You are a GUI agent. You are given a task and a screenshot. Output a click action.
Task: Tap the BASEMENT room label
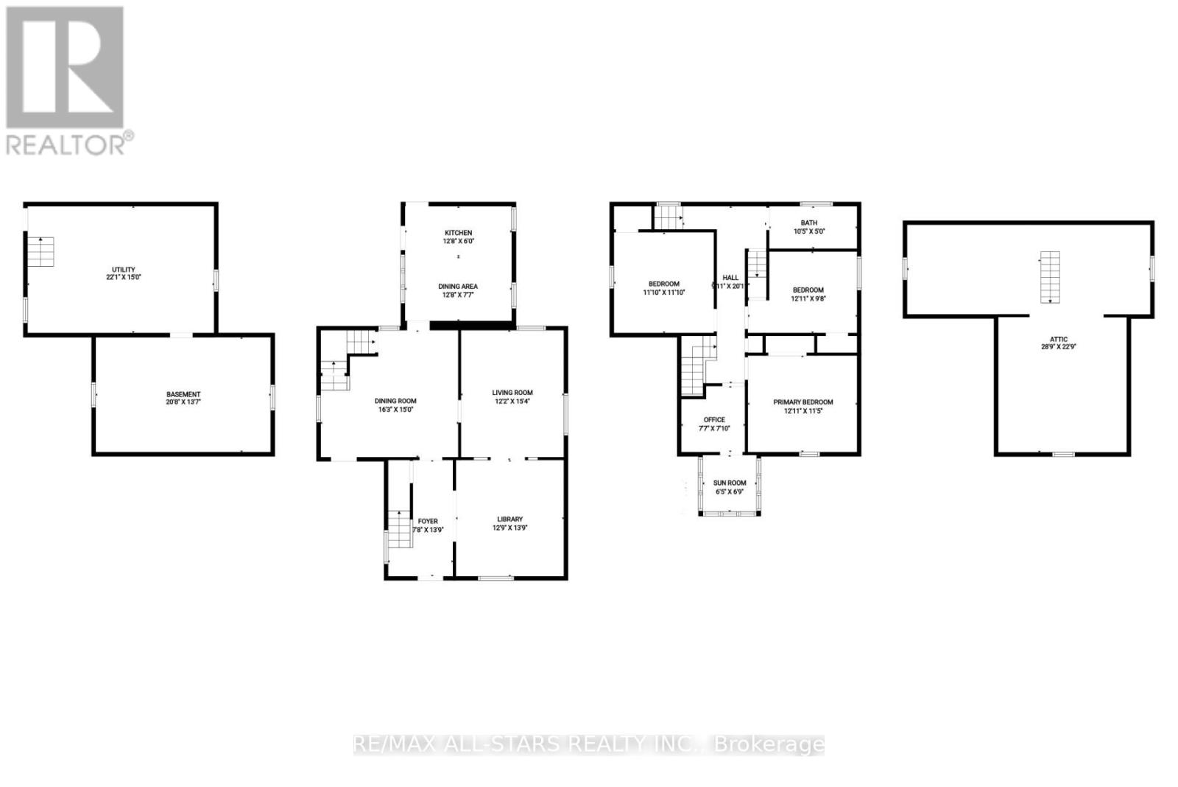183,394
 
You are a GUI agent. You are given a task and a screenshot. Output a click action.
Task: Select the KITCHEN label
458,233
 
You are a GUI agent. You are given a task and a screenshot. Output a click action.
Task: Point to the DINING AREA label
458,286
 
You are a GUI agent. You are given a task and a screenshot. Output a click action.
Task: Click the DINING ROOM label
396,401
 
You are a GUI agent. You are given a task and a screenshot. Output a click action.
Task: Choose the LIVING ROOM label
512,393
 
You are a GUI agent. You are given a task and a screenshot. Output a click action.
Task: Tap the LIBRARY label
509,519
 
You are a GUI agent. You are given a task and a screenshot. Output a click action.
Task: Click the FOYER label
427,521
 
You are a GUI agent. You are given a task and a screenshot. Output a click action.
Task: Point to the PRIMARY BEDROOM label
803,402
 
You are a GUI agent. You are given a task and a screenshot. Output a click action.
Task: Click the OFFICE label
713,420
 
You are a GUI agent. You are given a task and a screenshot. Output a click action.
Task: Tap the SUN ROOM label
729,483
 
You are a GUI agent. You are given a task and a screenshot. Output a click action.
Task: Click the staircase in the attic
1050,277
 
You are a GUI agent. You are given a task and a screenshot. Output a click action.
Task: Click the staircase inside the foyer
398,528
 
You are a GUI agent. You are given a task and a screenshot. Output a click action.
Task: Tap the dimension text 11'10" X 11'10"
663,293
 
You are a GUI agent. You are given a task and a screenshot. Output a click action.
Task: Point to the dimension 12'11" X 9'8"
808,299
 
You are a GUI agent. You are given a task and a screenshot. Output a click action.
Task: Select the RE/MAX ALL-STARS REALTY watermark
589,744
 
